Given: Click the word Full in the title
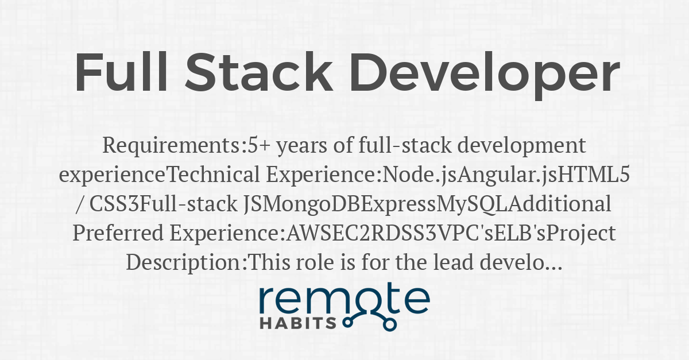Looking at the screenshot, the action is pos(121,72).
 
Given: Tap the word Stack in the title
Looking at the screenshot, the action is pos(259,72).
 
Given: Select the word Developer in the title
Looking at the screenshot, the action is pos(485,76).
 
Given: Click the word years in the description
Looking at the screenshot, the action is pos(302,146).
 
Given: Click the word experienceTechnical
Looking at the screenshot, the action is pos(160,175).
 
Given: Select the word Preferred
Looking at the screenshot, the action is pos(118,233).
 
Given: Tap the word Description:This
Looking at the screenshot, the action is pos(208,262).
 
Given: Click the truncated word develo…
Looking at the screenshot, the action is pos(521,262).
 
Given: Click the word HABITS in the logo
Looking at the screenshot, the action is pos(298,323).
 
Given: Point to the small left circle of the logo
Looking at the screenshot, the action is pos(347,323).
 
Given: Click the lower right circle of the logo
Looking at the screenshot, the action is pos(389,324).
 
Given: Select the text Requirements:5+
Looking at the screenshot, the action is pos(187,146).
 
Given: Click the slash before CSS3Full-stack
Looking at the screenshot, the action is pos(79,204).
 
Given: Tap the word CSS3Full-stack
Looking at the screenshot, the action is pos(163,204).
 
